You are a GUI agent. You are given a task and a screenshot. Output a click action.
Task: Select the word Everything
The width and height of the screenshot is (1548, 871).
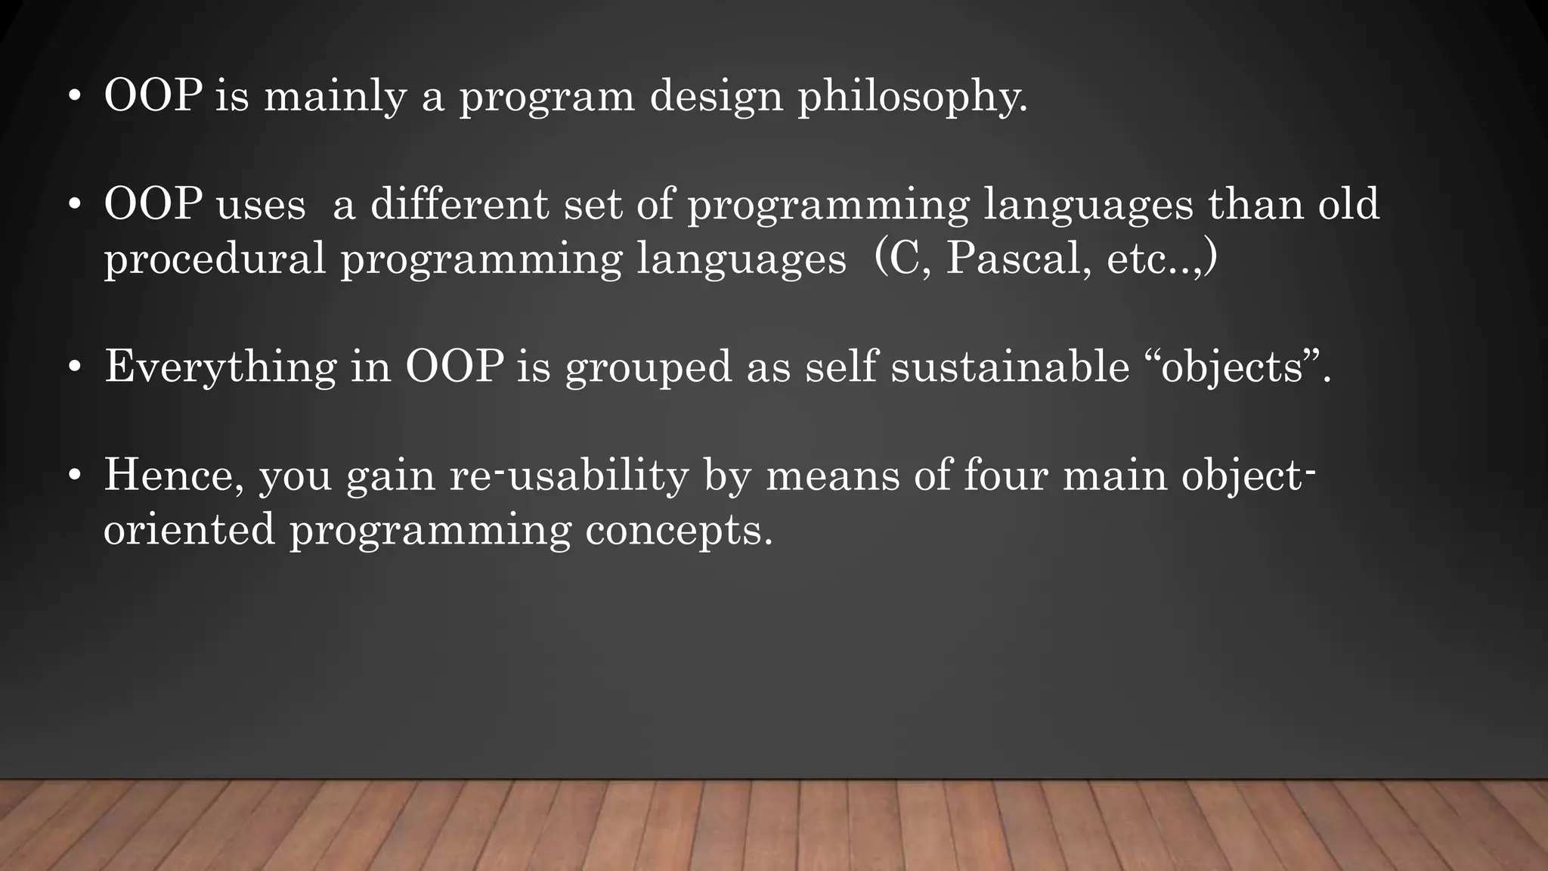click(220, 368)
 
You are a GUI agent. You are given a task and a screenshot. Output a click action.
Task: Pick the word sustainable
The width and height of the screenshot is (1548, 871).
click(1010, 367)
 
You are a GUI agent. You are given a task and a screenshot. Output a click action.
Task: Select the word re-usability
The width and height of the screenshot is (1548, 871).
click(568, 476)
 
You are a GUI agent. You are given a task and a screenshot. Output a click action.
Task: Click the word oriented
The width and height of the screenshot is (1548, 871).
click(189, 529)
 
